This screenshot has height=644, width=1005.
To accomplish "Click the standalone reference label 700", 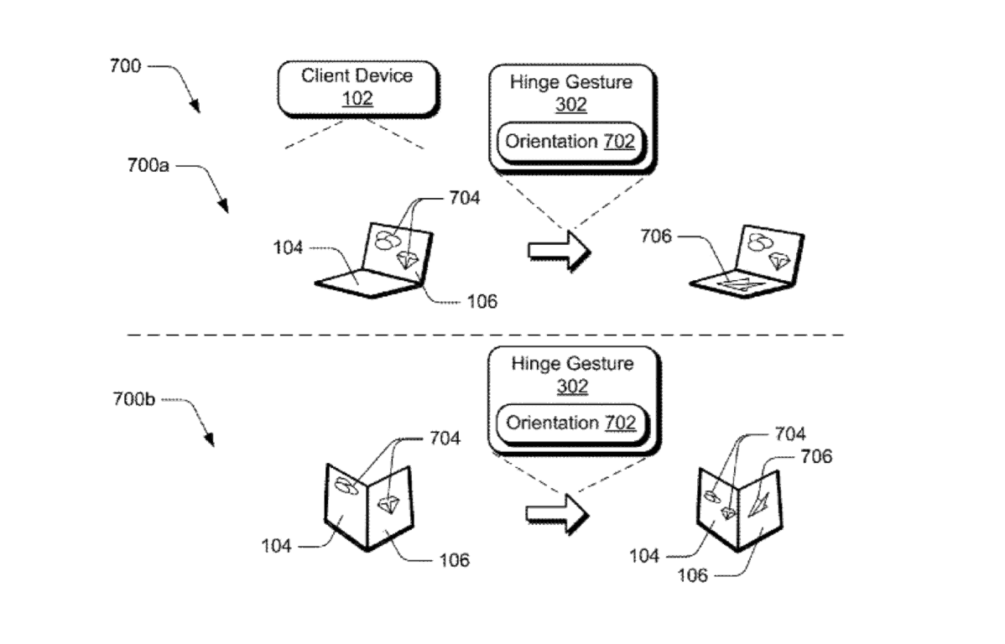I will [125, 66].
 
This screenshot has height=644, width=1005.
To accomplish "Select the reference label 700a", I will [147, 166].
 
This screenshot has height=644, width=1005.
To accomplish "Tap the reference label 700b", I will [135, 399].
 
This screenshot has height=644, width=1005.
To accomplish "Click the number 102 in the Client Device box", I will [357, 98].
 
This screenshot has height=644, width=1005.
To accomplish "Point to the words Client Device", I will [357, 76].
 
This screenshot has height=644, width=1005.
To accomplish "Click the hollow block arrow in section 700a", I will [560, 251].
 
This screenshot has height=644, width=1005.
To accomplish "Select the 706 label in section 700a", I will [655, 237].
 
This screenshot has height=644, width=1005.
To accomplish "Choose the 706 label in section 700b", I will [816, 457].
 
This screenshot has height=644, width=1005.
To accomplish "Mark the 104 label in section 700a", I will [288, 247].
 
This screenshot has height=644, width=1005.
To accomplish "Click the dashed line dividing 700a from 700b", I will [485, 335].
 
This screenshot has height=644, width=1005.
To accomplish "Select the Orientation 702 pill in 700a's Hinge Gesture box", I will [570, 142].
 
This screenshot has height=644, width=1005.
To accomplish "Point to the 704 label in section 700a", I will [465, 199].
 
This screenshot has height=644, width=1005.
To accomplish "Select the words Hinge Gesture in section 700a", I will [571, 83].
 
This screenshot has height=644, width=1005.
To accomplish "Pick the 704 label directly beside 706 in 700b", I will [789, 434].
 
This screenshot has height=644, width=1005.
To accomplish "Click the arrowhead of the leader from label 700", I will [196, 107].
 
